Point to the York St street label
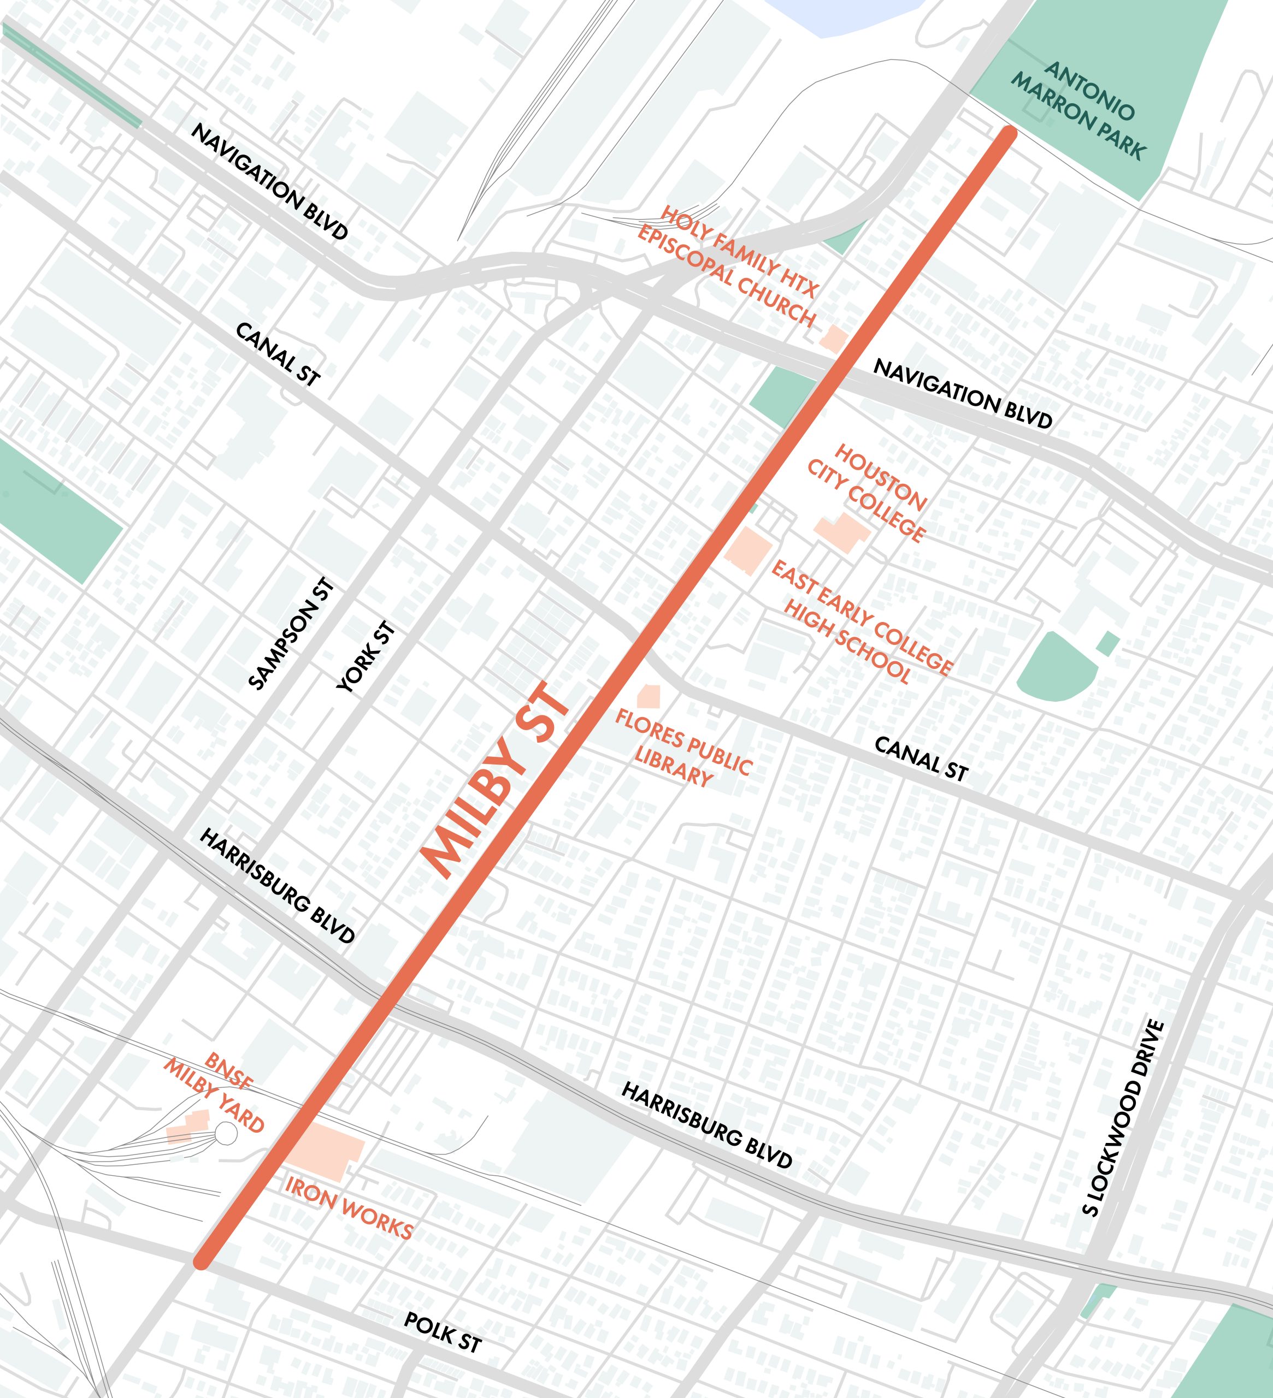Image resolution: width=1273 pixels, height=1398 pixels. (366, 657)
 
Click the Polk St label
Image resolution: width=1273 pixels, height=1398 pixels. (443, 1332)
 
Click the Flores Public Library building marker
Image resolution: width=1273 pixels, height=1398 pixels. (648, 696)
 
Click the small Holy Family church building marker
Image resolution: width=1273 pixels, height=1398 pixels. (834, 339)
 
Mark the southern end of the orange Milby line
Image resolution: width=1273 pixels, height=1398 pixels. (201, 1261)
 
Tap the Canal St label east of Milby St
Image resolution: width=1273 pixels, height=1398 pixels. (921, 759)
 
